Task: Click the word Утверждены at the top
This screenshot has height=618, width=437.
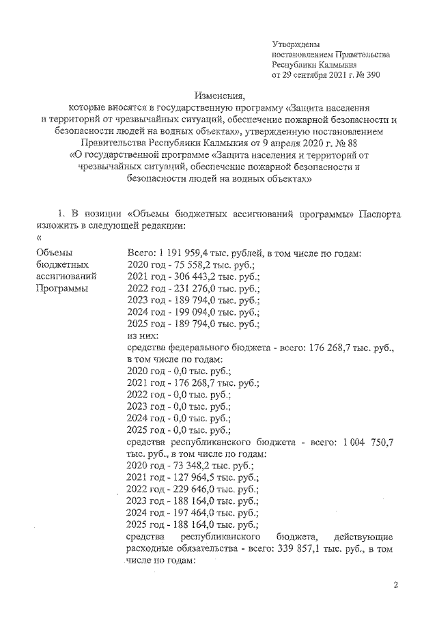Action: (x=296, y=44)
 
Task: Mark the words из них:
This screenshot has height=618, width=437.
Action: (x=143, y=335)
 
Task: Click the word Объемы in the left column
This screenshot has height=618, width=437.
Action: (x=53, y=253)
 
